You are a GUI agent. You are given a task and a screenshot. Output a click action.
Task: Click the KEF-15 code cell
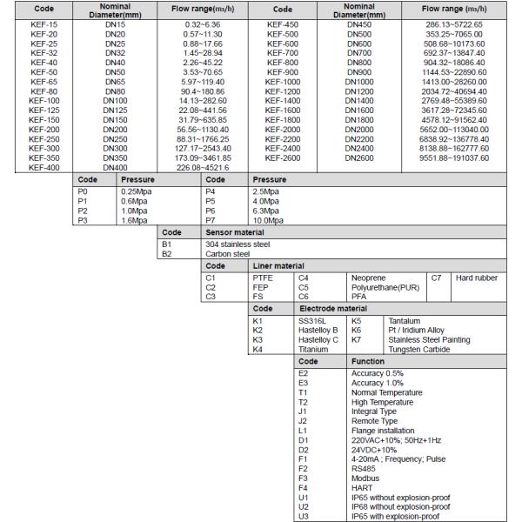(37, 24)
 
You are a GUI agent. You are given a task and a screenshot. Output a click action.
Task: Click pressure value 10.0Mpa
(269, 220)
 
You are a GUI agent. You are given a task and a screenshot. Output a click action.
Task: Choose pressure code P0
(84, 191)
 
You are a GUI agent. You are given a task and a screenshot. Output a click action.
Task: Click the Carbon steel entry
(222, 255)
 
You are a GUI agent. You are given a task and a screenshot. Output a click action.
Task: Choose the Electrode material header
(332, 308)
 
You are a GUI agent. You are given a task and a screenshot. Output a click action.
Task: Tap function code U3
(304, 516)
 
